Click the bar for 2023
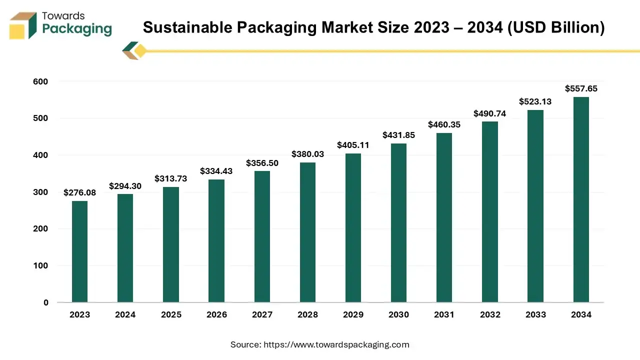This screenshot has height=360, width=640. point(79,251)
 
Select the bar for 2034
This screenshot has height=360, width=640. point(581,199)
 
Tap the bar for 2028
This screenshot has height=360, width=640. point(307,232)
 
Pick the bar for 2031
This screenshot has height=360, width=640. point(444,217)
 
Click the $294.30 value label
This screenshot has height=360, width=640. point(125,186)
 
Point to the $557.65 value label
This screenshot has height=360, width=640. point(581,88)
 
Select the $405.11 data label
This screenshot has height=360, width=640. point(353,145)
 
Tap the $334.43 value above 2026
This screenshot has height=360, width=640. point(216,171)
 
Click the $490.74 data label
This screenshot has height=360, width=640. point(489,113)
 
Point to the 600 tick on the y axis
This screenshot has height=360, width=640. point(41,81)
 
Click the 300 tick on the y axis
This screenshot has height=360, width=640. point(41,192)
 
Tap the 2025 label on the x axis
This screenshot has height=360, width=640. point(170,314)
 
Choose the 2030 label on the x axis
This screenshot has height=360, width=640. point(398,314)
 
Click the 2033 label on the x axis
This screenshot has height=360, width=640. point(535,314)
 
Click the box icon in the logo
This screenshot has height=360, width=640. point(23,25)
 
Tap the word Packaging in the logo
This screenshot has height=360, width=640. point(77,29)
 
